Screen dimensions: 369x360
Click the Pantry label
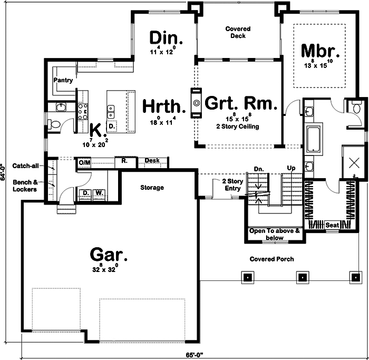(63, 80)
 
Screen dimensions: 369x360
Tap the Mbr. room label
(321, 51)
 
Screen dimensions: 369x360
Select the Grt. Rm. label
(241, 103)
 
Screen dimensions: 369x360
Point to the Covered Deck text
(238, 32)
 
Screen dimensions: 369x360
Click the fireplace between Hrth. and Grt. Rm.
(196, 103)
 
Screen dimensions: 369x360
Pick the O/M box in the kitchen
(84, 162)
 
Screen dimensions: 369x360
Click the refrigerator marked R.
(125, 162)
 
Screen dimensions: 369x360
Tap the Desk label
(152, 160)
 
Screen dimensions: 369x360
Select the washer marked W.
(99, 193)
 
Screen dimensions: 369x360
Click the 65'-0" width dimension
(195, 355)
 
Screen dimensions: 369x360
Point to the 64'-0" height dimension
(2, 172)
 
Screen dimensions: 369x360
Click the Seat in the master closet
(332, 225)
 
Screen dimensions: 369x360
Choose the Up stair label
(291, 168)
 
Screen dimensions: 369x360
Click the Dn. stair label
(259, 169)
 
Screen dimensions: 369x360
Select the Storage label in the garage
(152, 188)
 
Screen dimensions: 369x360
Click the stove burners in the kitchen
(83, 112)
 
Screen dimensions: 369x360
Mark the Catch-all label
(25, 166)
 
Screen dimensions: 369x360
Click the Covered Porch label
(271, 259)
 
